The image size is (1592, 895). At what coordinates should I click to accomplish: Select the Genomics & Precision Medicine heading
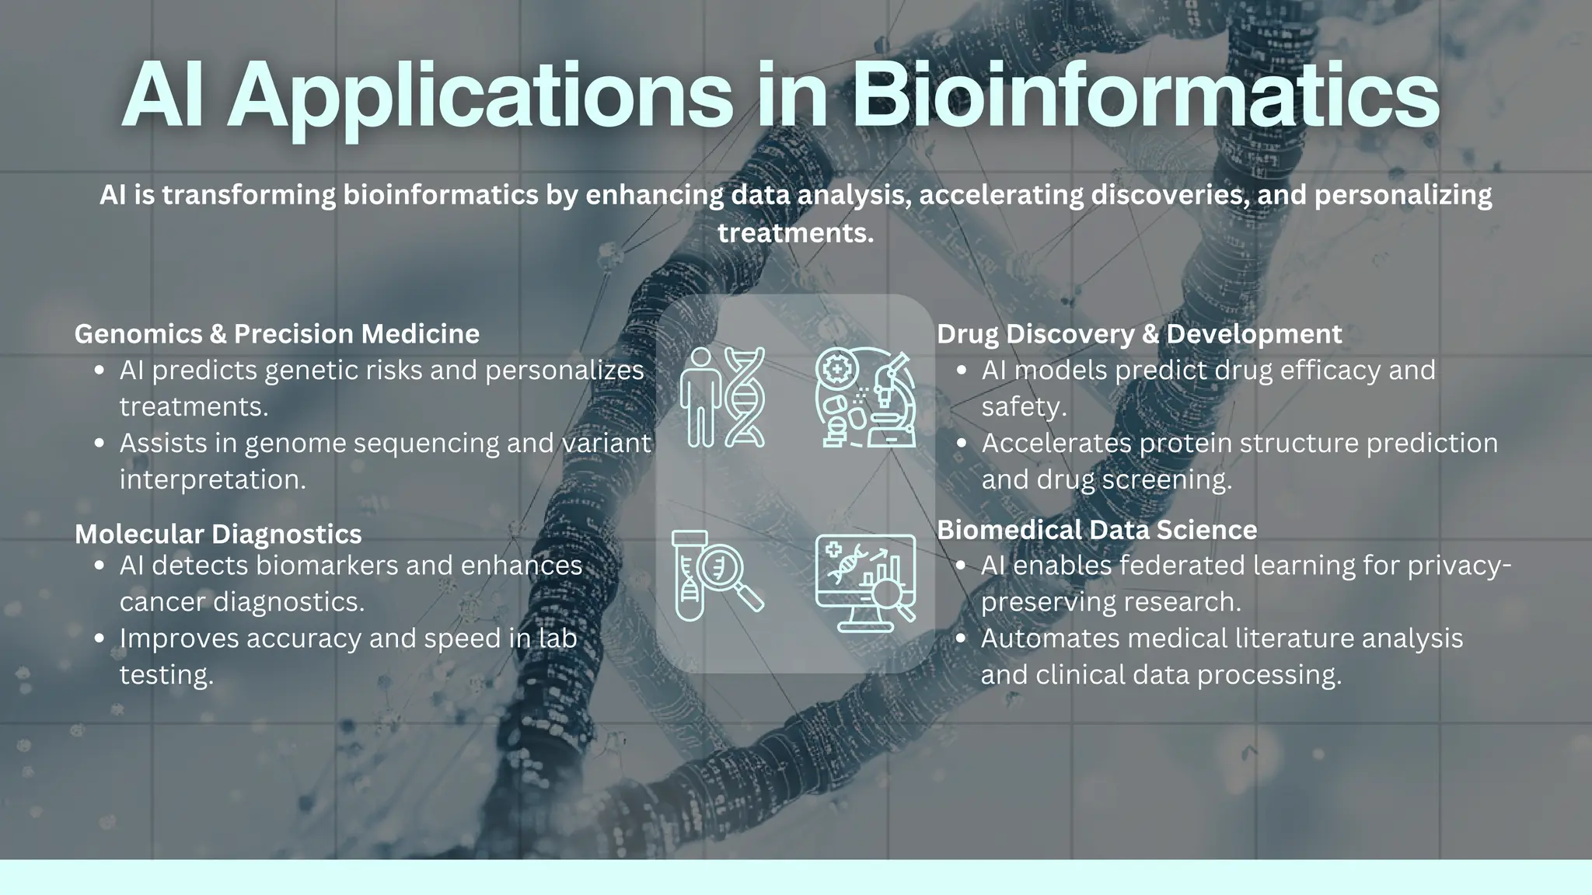tap(277, 334)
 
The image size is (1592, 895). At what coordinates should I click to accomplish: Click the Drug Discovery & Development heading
tap(1139, 334)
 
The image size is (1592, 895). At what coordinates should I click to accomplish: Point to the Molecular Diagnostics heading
tap(218, 535)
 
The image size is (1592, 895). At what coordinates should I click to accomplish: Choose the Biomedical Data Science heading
tap(1097, 530)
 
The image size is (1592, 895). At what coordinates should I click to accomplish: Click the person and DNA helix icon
tap(722, 397)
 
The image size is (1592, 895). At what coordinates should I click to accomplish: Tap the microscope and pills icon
tap(865, 397)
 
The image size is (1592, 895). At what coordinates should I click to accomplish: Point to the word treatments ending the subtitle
tap(794, 233)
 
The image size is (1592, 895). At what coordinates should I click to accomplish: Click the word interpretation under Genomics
tap(212, 480)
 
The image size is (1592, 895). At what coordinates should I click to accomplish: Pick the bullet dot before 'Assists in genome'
tap(99, 444)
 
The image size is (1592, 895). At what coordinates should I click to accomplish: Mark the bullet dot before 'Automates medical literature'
tap(961, 639)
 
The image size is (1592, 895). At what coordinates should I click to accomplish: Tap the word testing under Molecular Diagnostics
tap(166, 675)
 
